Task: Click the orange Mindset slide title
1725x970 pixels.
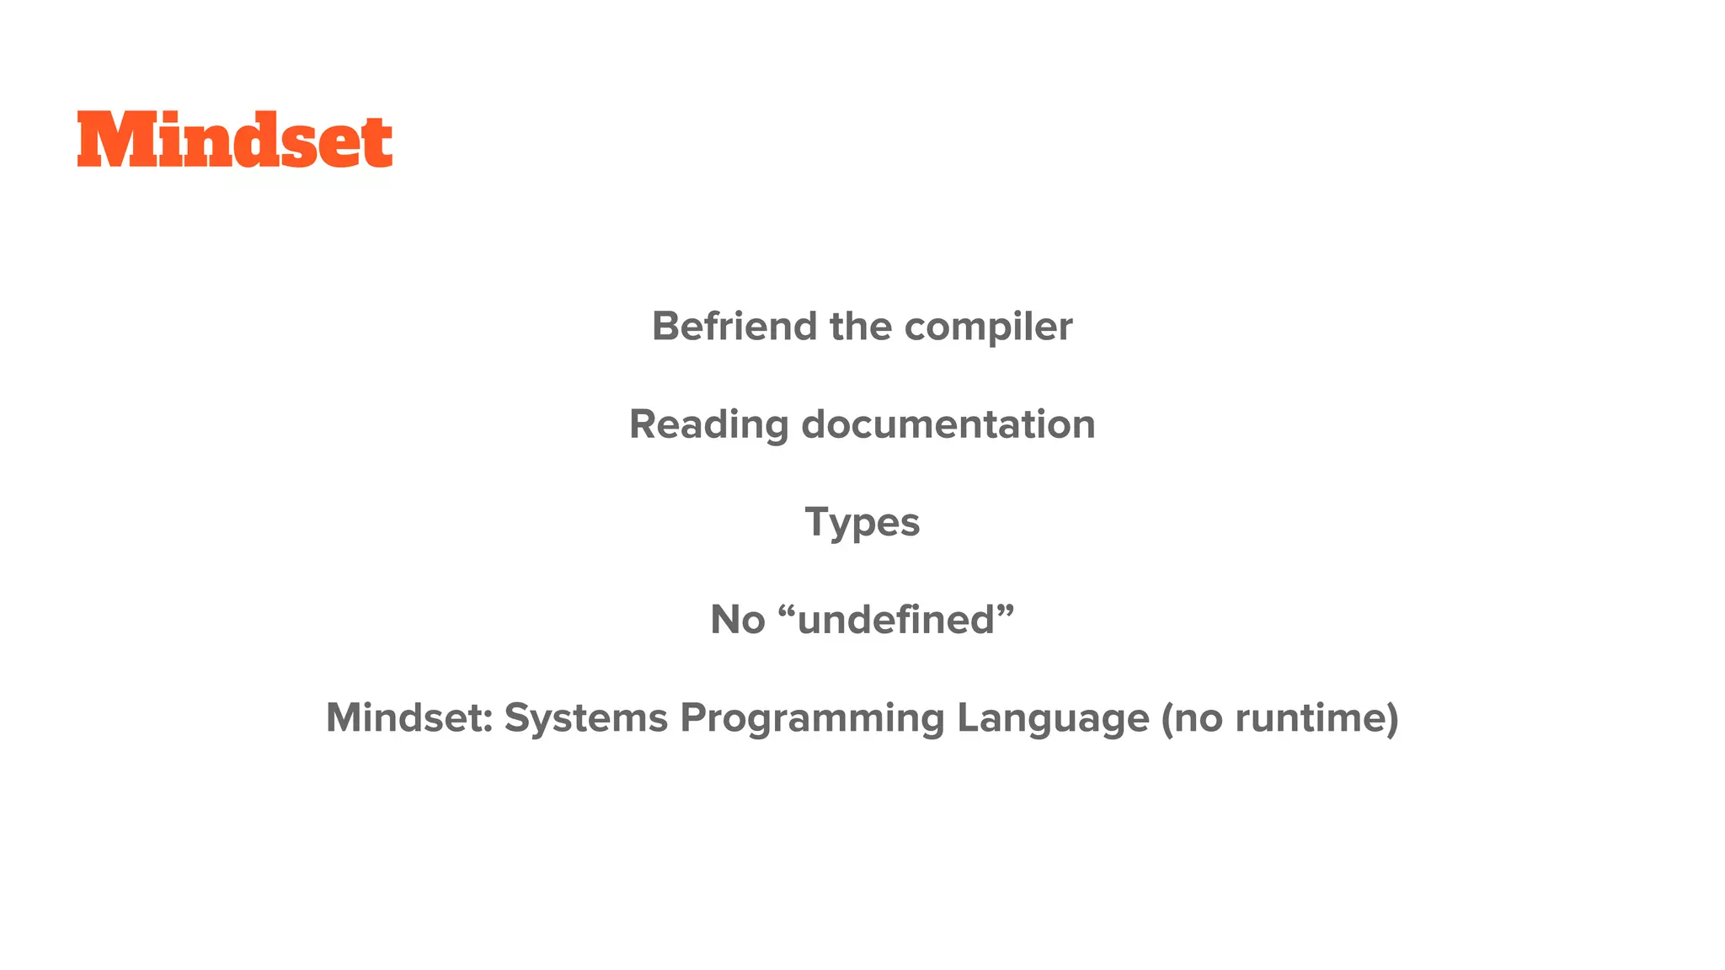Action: (234, 140)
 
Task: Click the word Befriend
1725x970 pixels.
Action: (734, 327)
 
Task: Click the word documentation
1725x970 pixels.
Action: (948, 424)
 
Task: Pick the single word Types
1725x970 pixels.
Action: (862, 523)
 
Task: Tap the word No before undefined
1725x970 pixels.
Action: (737, 621)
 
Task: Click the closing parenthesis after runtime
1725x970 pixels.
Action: (1392, 718)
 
